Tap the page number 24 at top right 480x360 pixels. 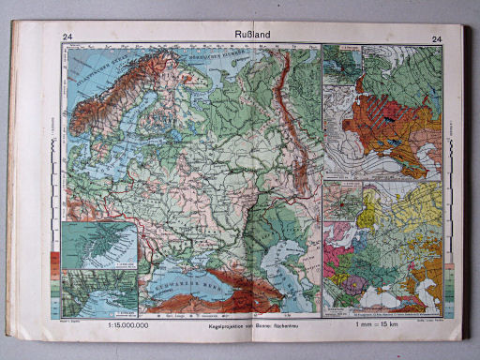tap(437, 38)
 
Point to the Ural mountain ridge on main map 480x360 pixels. tap(299, 131)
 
